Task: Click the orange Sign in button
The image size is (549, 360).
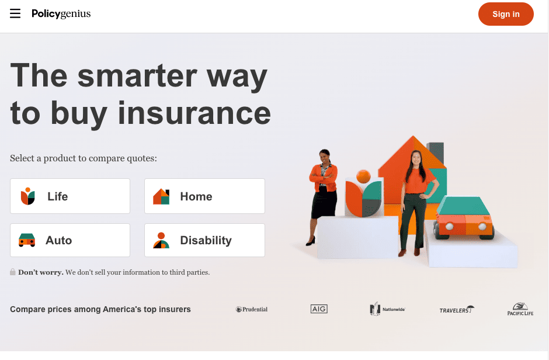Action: [x=505, y=14]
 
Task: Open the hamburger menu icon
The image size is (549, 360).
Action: [x=15, y=13]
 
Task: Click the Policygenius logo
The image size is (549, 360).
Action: [x=61, y=13]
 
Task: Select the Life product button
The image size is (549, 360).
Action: [x=70, y=196]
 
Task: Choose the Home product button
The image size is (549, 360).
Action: [x=204, y=196]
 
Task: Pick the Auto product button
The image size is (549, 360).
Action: [x=70, y=240]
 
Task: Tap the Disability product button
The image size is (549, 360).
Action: [x=204, y=240]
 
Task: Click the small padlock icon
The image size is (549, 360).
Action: [x=13, y=272]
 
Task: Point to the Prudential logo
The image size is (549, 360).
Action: [x=252, y=309]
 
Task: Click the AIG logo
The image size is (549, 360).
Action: [x=319, y=309]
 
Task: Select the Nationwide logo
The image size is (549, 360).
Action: [x=387, y=309]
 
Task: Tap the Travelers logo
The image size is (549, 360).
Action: [x=456, y=310]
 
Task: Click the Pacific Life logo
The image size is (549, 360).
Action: [x=520, y=309]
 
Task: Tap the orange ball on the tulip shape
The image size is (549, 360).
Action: [x=363, y=176]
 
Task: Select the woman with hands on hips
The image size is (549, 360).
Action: [x=416, y=199]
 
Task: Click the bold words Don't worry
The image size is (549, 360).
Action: [x=41, y=272]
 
